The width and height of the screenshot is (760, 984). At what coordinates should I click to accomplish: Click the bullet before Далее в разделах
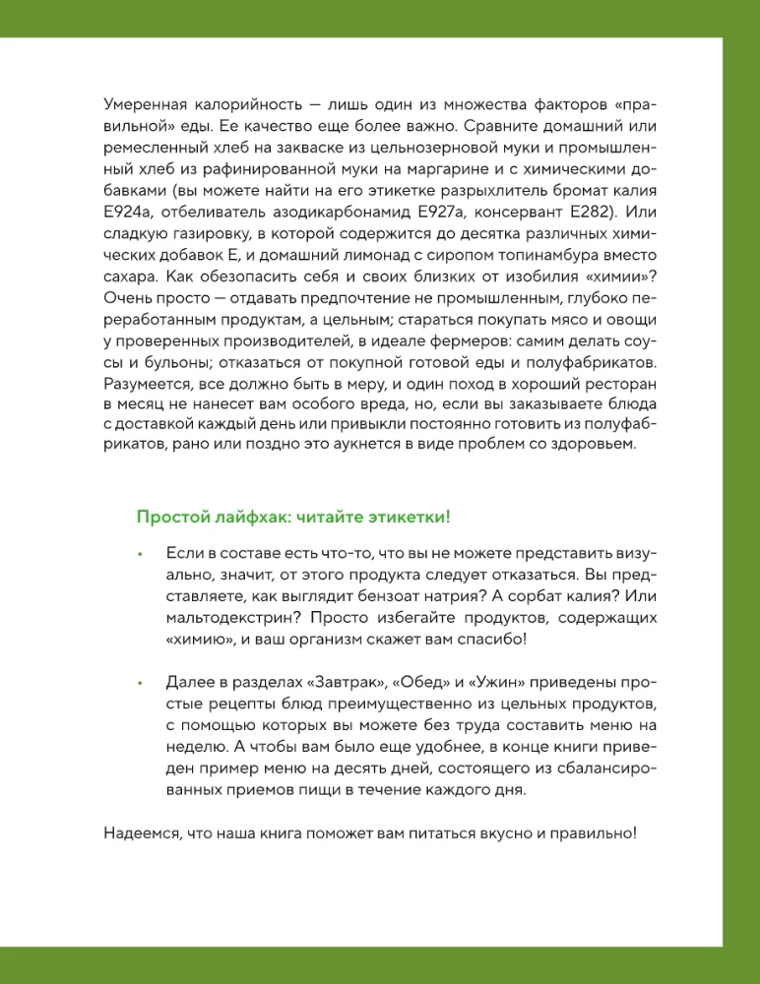(141, 682)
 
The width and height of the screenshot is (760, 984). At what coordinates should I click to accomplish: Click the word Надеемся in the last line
(142, 832)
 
